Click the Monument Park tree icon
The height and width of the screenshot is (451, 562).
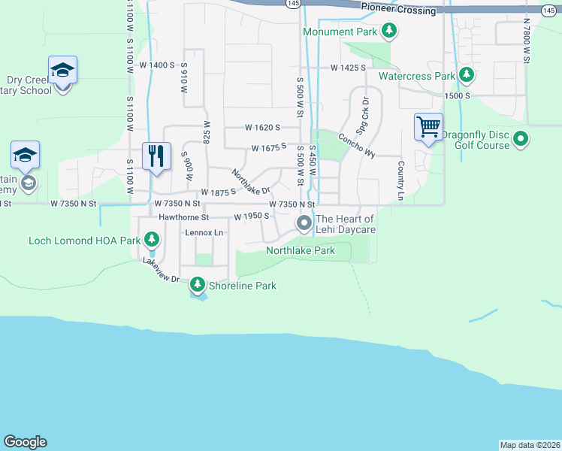[x=389, y=32]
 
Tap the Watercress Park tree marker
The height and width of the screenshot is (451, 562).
[x=467, y=76]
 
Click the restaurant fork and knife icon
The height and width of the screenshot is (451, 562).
[x=156, y=156]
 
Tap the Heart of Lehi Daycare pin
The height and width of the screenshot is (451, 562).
[x=304, y=223]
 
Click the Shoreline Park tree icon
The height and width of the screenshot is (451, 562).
[x=198, y=285]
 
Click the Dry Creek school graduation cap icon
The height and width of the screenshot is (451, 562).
[x=62, y=70]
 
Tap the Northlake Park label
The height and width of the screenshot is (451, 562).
[x=301, y=250]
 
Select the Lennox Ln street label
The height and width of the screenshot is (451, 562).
[x=205, y=233]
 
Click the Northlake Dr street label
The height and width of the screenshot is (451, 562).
[x=250, y=181]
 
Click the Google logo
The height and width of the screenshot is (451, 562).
[x=25, y=442]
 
